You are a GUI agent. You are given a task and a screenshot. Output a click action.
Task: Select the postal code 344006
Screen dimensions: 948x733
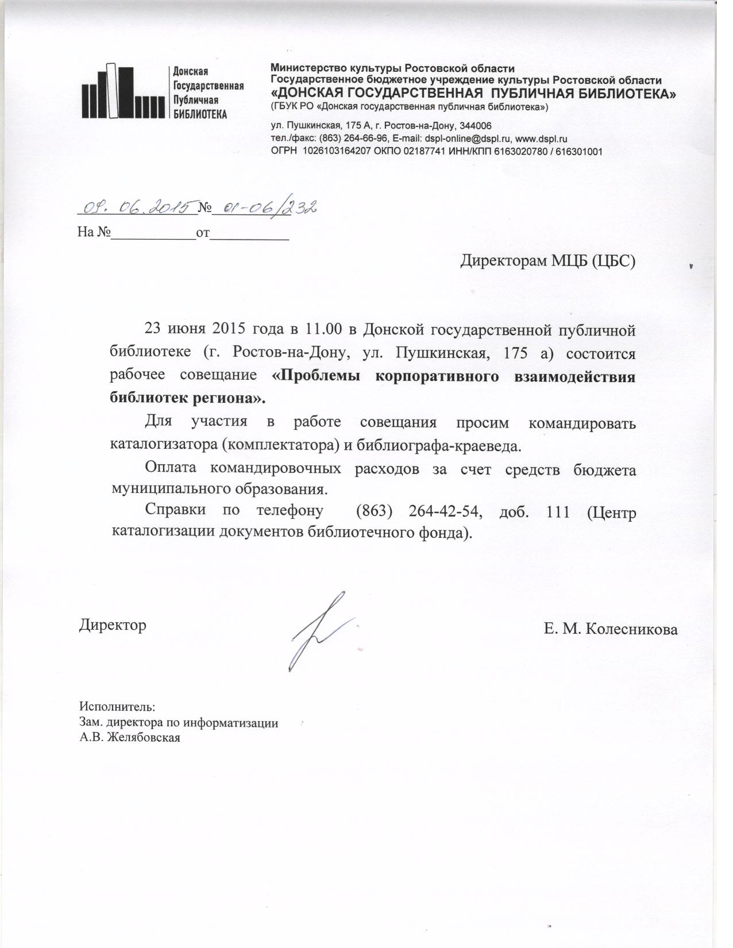[x=474, y=126]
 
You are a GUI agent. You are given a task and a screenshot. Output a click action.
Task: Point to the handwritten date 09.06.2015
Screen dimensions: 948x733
[x=137, y=207]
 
